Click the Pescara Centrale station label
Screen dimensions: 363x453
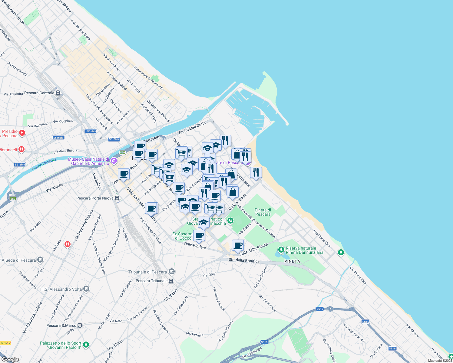tap(39, 93)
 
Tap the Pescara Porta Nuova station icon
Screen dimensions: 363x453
tap(117, 198)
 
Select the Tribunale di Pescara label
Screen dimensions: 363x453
tap(147, 272)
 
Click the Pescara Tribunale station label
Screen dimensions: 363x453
tap(151, 281)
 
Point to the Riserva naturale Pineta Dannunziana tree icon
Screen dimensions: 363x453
tap(281, 250)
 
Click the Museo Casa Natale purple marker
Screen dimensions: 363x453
tap(114, 161)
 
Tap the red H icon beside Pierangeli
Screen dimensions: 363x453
tap(21, 149)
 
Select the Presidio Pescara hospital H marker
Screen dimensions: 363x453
tap(22, 133)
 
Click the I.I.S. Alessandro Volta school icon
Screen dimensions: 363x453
tap(86, 289)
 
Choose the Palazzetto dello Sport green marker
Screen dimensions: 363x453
tap(86, 345)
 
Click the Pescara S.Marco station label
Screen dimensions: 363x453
tap(61, 325)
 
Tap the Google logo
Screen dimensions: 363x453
tap(10, 359)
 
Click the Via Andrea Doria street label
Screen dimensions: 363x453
tap(191, 128)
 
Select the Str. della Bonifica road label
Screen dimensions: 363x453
tap(244, 260)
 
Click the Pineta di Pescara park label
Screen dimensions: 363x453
tap(263, 212)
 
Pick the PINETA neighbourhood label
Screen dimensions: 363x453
tap(292, 261)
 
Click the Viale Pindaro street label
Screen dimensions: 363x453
tap(195, 246)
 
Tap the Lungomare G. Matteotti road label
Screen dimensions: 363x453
tap(148, 78)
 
